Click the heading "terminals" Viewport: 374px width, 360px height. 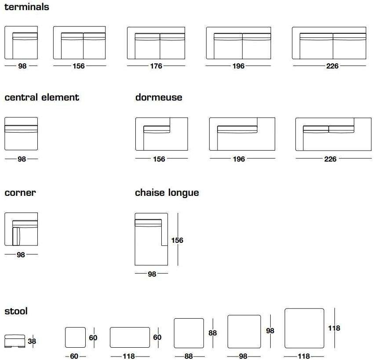(27, 7)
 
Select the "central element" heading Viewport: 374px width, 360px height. (42, 97)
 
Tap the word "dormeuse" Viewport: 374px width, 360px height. (159, 97)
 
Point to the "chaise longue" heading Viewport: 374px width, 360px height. (167, 193)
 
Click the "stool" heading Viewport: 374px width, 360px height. (16, 311)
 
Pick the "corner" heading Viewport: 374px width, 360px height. (20, 193)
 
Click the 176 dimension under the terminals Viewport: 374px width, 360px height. (156, 66)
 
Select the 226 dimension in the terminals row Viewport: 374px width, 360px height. (332, 66)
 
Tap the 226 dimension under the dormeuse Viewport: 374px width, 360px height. (330, 159)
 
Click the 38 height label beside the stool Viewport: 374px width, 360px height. (32, 341)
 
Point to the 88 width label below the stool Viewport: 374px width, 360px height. (189, 356)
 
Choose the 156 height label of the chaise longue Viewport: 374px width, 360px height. (177, 241)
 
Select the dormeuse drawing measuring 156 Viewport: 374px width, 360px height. (161, 134)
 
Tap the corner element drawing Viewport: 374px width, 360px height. (21, 229)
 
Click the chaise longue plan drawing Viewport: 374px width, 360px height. (151, 239)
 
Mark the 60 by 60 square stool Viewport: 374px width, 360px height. (75, 338)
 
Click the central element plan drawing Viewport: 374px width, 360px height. (21, 133)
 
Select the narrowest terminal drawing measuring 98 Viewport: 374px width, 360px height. (21, 43)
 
